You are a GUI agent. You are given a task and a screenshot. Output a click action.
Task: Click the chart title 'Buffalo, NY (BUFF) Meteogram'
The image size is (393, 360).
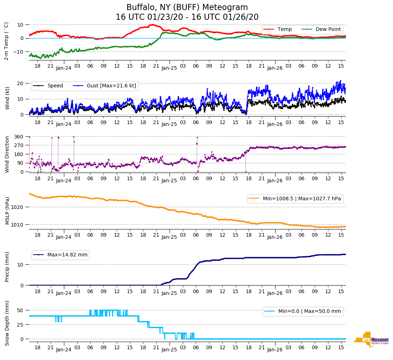(187, 8)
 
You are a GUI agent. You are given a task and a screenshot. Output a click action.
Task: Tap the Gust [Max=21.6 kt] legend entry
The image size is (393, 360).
(111, 86)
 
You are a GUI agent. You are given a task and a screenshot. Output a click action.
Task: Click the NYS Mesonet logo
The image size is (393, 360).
(371, 340)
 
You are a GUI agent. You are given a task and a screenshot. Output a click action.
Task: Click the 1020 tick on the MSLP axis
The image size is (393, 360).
(18, 207)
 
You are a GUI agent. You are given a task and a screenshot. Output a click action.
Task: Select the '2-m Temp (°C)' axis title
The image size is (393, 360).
(6, 41)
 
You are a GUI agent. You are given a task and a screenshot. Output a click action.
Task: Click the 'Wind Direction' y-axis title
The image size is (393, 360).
(7, 154)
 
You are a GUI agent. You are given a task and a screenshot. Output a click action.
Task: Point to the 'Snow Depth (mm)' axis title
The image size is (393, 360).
(7, 323)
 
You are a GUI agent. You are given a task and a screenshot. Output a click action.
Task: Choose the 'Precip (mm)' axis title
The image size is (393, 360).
(7, 266)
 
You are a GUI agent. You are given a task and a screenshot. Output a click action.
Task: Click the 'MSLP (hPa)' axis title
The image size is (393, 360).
(7, 210)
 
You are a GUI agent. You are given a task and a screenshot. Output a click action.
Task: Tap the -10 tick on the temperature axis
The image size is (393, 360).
(19, 52)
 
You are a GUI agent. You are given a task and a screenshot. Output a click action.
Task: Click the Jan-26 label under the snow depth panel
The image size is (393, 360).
(275, 350)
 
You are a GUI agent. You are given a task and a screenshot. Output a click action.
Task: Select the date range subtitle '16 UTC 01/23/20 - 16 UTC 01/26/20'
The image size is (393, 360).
(187, 17)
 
